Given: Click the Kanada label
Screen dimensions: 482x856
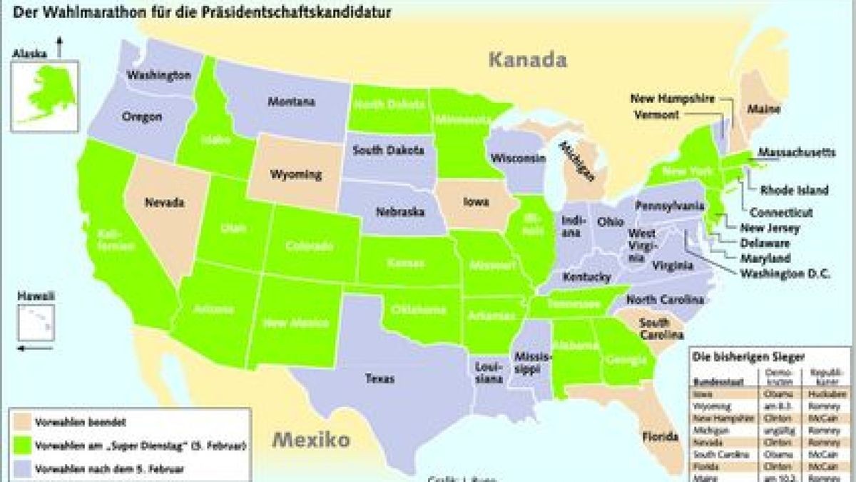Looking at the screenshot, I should (528, 59).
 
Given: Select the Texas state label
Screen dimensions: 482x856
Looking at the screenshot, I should (379, 378).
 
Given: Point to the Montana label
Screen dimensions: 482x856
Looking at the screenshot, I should (291, 102).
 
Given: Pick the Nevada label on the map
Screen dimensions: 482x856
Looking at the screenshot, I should (165, 202).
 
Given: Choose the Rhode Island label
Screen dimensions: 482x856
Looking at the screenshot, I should (794, 191).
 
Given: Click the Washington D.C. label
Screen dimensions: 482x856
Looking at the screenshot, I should (785, 273).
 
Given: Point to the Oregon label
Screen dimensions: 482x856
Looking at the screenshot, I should (142, 116).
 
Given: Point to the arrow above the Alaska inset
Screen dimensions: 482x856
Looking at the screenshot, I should (59, 48).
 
